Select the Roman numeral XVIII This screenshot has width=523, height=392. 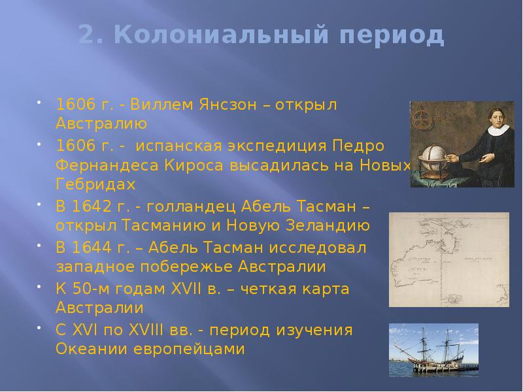click(x=163, y=330)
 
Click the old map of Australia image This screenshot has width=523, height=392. click(x=449, y=259)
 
